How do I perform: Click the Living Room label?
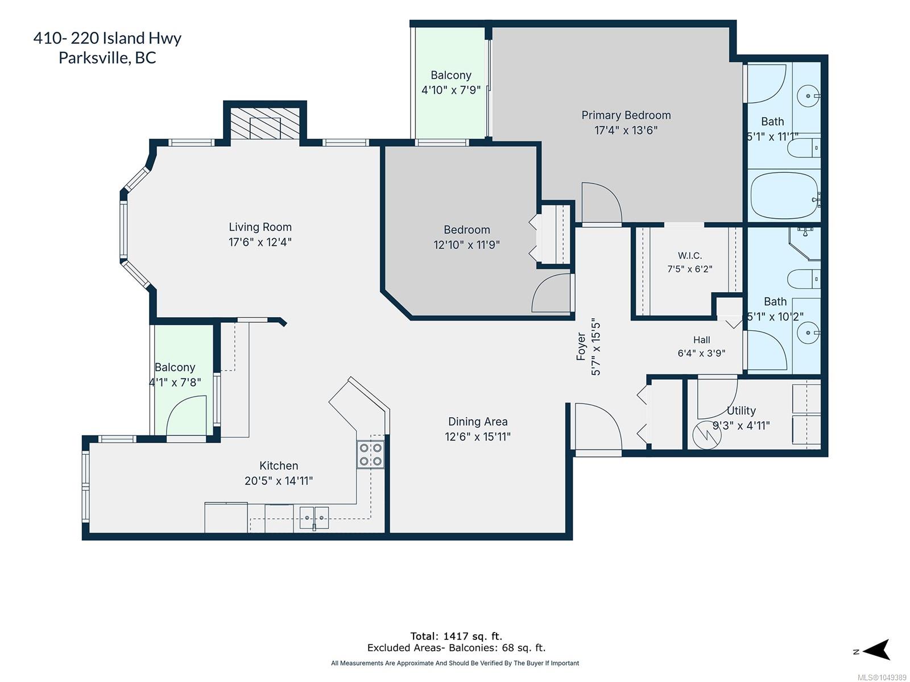pos(260,227)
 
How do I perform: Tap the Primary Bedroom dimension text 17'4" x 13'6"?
pos(626,130)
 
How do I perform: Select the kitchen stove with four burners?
pos(371,454)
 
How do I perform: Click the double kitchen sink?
pos(315,518)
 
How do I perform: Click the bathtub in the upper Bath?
pos(784,196)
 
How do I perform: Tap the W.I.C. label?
pos(690,256)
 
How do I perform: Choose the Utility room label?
pos(741,410)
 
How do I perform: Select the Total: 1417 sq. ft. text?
pos(456,636)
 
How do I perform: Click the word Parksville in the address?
pos(93,57)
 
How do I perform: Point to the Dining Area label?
pos(478,422)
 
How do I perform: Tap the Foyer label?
pos(581,347)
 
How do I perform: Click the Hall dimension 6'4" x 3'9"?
pos(701,353)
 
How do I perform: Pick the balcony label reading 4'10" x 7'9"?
pos(451,90)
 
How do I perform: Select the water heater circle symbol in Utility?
pos(707,435)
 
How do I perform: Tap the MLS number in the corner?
pos(882,677)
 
